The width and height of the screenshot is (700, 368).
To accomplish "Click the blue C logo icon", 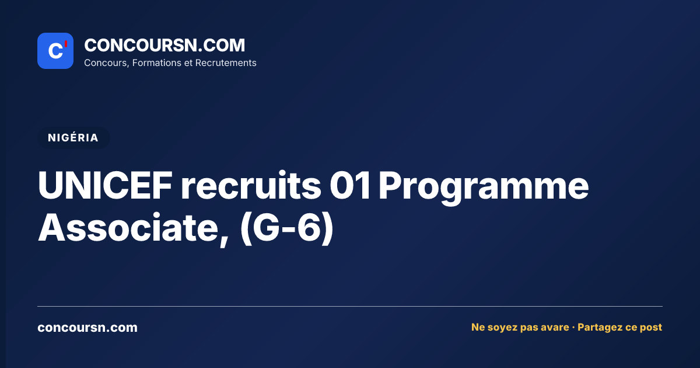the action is pyautogui.click(x=55, y=51).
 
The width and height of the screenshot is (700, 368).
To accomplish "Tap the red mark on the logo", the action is pyautogui.click(x=66, y=44).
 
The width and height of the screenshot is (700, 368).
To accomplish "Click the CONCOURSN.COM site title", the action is pyautogui.click(x=164, y=45).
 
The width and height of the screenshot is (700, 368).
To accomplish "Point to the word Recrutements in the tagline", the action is pyautogui.click(x=226, y=63).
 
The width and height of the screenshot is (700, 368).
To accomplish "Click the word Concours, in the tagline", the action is pyautogui.click(x=107, y=63).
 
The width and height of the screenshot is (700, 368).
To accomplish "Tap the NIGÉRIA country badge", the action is pyautogui.click(x=73, y=138).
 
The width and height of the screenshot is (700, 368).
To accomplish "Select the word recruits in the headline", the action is pyautogui.click(x=251, y=185).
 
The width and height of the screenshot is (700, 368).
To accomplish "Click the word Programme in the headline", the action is pyautogui.click(x=484, y=188).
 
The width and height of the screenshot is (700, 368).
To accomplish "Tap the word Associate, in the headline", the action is pyautogui.click(x=134, y=228).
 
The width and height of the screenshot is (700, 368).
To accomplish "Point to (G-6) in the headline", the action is pyautogui.click(x=287, y=228).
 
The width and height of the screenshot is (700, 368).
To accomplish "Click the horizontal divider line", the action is pyautogui.click(x=350, y=306).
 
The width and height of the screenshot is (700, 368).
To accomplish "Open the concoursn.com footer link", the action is pyautogui.click(x=87, y=328).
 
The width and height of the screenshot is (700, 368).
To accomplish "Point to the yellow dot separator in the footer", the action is pyautogui.click(x=573, y=328).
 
